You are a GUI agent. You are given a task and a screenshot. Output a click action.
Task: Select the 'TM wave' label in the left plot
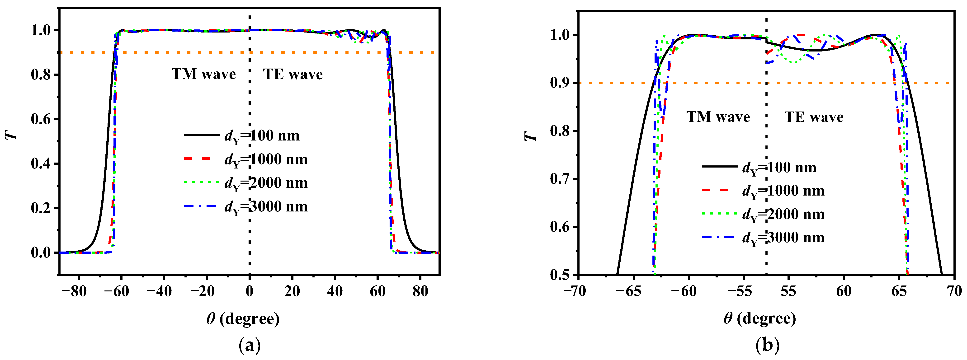click(203, 74)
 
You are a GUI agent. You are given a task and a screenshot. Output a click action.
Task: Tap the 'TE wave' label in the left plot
click(293, 74)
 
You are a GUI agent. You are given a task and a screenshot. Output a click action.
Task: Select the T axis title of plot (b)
click(530, 136)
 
